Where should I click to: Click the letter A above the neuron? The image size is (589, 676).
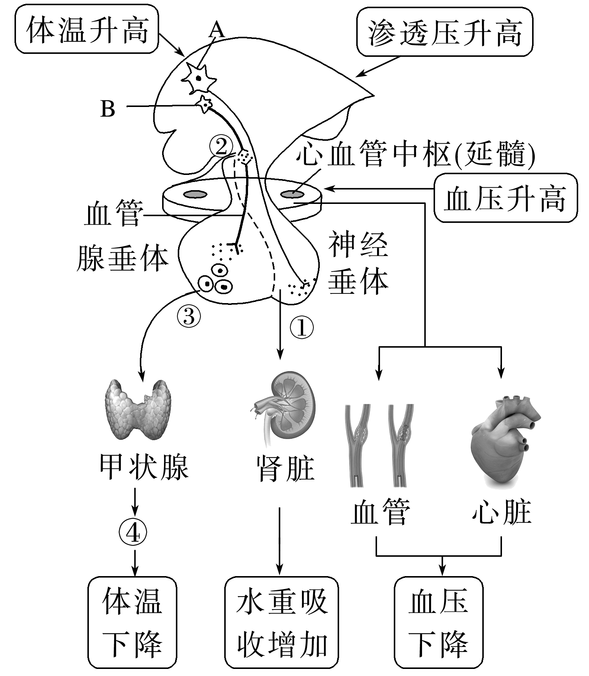216,30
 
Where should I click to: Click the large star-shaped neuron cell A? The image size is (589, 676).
199,78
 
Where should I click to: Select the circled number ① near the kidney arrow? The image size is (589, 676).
302,328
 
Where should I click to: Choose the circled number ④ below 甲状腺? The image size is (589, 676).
133,534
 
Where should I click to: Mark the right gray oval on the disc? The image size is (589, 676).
292,194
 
